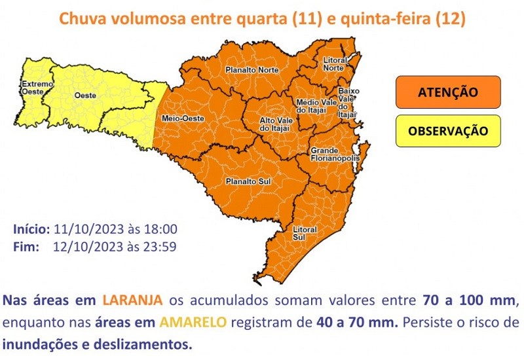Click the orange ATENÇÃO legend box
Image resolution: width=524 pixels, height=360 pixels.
tap(448, 92)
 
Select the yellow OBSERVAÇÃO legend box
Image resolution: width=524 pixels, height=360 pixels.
tap(448, 130)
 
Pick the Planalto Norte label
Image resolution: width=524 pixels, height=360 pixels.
tap(248, 69)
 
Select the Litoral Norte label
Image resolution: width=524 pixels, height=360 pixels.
tap(334, 64)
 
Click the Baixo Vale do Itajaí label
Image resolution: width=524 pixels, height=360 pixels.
tap(346, 102)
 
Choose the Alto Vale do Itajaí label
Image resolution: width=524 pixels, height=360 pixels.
tap(276, 124)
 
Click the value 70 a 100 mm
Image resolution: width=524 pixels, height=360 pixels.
tap(466, 300)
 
